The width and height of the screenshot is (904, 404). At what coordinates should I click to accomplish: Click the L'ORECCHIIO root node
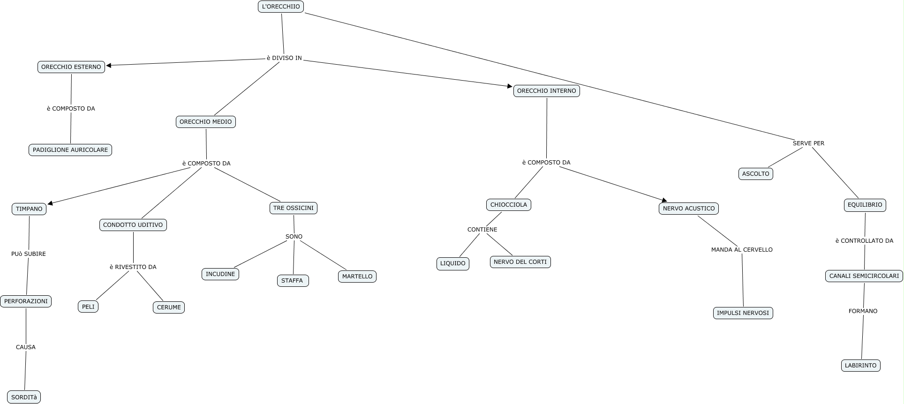[x=280, y=7]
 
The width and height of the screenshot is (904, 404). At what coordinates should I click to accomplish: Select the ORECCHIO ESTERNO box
[x=71, y=67]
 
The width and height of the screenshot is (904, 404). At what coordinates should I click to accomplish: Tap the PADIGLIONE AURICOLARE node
[x=70, y=150]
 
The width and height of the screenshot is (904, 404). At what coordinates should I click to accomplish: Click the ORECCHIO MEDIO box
[x=205, y=122]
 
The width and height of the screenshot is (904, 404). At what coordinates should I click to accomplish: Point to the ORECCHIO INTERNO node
[x=546, y=91]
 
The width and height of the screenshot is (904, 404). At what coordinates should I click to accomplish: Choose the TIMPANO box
[x=29, y=209]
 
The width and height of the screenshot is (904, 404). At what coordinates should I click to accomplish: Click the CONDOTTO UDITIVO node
[x=133, y=225]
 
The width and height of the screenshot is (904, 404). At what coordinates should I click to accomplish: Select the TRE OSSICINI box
[x=294, y=208]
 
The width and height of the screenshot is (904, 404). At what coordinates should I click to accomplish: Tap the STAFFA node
[x=292, y=281]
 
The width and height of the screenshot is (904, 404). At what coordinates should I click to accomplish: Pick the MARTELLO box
[x=357, y=277]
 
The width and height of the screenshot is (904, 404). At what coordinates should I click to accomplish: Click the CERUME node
[x=169, y=307]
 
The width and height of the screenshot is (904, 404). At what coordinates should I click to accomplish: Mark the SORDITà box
[x=24, y=397]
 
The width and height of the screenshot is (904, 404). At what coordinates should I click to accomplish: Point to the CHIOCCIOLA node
[x=508, y=205]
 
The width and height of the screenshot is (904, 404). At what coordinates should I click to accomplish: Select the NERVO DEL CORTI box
[x=520, y=262]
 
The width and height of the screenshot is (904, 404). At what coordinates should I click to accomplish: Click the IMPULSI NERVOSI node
[x=743, y=313]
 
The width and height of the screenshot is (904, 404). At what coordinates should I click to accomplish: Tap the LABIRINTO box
[x=860, y=366]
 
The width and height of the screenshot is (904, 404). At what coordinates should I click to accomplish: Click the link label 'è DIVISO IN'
[x=284, y=58]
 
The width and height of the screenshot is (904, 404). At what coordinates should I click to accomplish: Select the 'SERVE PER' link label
[x=808, y=143]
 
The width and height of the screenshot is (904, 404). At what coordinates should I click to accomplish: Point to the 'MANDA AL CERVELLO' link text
[x=742, y=250]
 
